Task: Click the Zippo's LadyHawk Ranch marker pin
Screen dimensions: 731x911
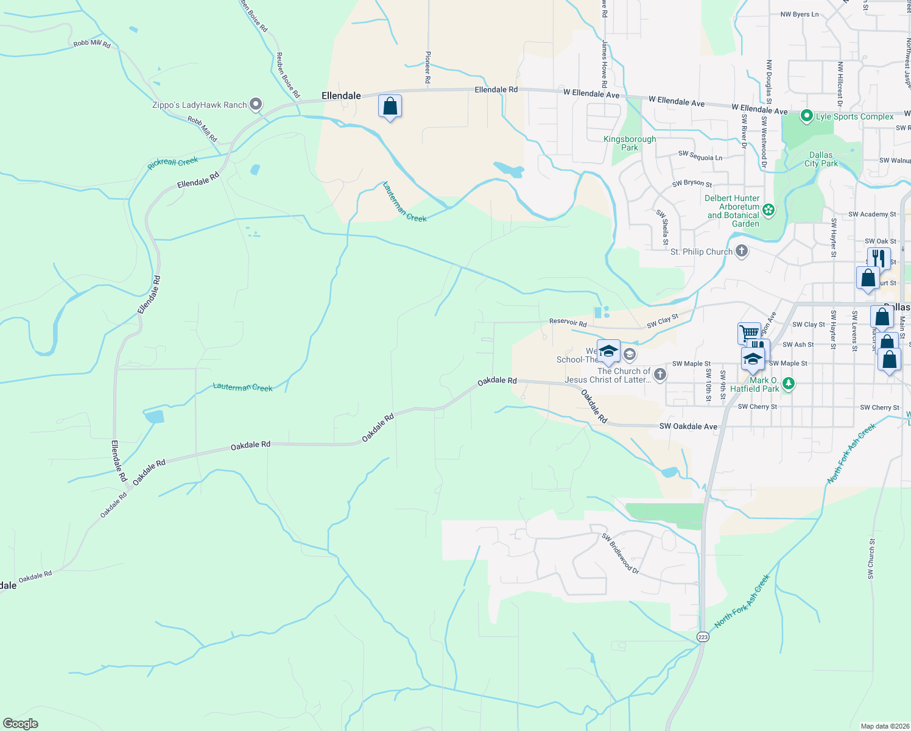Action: tap(256, 104)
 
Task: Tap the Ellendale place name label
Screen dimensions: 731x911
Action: tap(341, 96)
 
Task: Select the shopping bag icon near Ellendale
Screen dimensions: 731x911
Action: tap(390, 107)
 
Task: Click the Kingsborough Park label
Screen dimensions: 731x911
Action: tap(630, 143)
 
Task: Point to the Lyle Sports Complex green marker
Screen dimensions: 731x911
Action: tap(807, 116)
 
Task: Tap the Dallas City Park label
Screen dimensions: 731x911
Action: tap(821, 159)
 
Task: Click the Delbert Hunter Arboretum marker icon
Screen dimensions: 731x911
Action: tap(769, 210)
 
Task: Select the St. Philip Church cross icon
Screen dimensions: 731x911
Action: tap(741, 250)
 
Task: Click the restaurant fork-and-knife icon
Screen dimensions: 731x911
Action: tap(878, 258)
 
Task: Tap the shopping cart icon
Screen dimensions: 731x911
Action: tap(749, 333)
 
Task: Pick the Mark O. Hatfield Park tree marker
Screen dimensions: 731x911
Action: tap(789, 383)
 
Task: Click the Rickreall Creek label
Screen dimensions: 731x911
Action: tap(173, 163)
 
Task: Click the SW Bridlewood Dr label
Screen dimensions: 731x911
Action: tap(620, 553)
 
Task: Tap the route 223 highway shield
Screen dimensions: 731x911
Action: tap(703, 636)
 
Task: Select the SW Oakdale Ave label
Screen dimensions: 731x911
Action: tap(688, 426)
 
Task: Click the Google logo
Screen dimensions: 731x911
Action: tap(21, 723)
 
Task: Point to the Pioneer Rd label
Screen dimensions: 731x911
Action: tap(428, 67)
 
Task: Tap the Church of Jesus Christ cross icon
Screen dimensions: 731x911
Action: tap(660, 374)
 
